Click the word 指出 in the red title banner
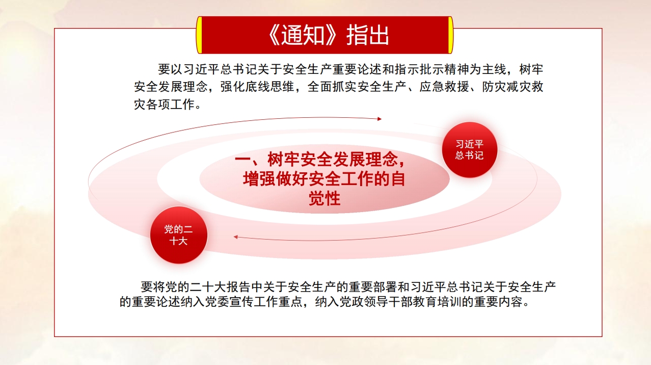[x=368, y=35]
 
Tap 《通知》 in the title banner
[x=302, y=35]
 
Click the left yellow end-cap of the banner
[x=199, y=35]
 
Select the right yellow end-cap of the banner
[x=450, y=35]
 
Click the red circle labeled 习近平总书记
[x=469, y=149]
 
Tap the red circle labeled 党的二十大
[x=178, y=235]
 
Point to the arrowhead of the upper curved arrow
[x=379, y=119]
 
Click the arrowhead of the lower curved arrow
[x=236, y=238]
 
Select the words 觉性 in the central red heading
[x=324, y=199]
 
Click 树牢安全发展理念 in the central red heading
[x=333, y=160]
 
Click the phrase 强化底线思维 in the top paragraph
[x=257, y=87]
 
